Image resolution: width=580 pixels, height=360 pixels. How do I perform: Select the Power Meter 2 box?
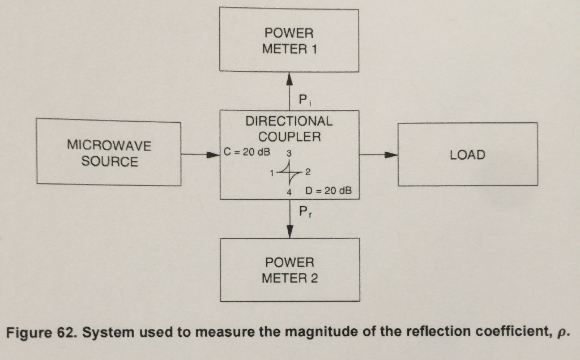tap(289, 270)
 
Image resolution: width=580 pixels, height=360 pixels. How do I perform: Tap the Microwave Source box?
tap(109, 153)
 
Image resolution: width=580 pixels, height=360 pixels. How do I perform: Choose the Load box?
tap(467, 155)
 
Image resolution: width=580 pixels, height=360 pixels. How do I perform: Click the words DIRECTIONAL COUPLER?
tap(289, 128)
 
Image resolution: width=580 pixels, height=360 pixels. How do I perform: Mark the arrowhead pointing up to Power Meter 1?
tap(289, 78)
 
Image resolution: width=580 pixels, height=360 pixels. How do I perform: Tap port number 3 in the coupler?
tap(289, 153)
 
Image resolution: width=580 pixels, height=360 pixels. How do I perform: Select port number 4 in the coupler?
tap(289, 192)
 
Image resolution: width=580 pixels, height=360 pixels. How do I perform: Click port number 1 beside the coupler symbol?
tap(272, 172)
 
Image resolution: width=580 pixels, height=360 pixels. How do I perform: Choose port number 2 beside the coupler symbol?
tap(308, 172)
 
